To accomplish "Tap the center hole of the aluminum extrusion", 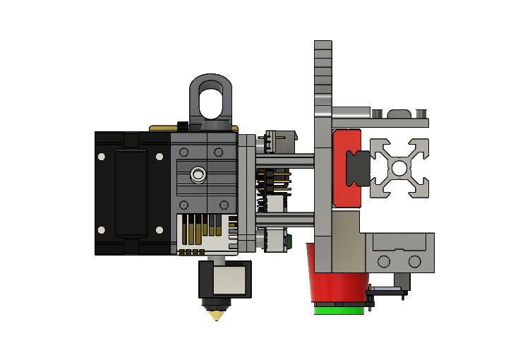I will (399, 169).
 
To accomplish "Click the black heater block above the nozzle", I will (225, 280).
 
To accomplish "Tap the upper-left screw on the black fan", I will (102, 156).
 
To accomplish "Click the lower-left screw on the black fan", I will (102, 229).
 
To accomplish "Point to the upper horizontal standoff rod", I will (287, 160).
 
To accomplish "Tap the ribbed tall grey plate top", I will (323, 71).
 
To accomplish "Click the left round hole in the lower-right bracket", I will (385, 262).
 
